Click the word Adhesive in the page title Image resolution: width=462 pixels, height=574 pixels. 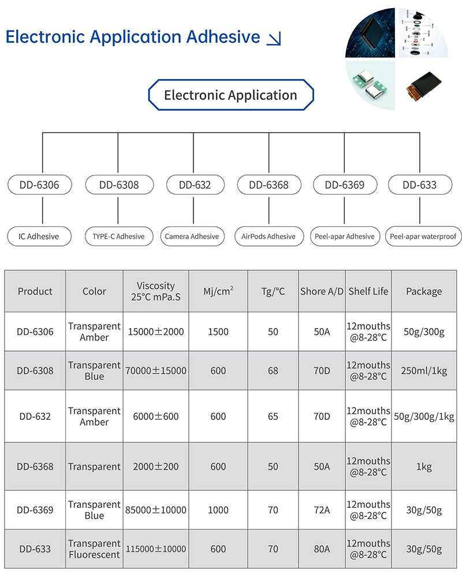(223, 36)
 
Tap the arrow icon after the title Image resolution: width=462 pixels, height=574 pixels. (274, 39)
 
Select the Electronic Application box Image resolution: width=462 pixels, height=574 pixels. (231, 95)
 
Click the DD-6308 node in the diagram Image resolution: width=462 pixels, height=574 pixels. (120, 185)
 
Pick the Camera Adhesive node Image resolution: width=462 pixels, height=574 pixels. (192, 237)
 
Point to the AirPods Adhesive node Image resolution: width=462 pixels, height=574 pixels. (269, 237)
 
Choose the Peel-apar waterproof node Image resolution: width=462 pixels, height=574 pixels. (423, 237)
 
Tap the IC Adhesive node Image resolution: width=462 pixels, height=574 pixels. (39, 237)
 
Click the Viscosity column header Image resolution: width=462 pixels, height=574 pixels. (156, 292)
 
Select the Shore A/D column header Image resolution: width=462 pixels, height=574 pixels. (322, 292)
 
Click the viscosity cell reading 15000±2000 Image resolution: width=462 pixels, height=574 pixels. (156, 331)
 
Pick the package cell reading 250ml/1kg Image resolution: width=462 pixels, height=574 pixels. (424, 371)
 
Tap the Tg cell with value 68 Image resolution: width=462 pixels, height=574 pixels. (273, 371)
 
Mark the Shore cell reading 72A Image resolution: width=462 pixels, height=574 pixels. (322, 510)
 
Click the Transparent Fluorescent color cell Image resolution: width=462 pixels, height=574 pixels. (94, 549)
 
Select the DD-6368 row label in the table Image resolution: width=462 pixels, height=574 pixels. (35, 467)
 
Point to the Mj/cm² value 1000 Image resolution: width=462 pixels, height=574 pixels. (218, 510)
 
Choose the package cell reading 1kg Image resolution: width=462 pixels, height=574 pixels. (424, 467)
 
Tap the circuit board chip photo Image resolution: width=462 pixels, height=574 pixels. (371, 33)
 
